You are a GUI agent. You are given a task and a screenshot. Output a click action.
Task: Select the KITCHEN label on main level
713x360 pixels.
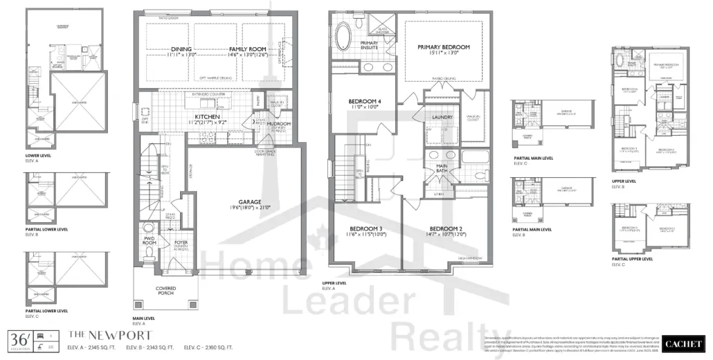point(207,117)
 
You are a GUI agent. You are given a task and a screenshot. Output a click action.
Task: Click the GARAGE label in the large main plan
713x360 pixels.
point(250,201)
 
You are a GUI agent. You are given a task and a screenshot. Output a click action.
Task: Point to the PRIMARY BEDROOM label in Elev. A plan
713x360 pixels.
point(443,47)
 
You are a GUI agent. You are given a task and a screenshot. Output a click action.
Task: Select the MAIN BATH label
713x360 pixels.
point(441,168)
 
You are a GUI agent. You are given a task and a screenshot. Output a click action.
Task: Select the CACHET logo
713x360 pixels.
point(683,343)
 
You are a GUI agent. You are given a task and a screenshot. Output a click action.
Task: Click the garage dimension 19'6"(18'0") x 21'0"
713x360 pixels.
point(250,208)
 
